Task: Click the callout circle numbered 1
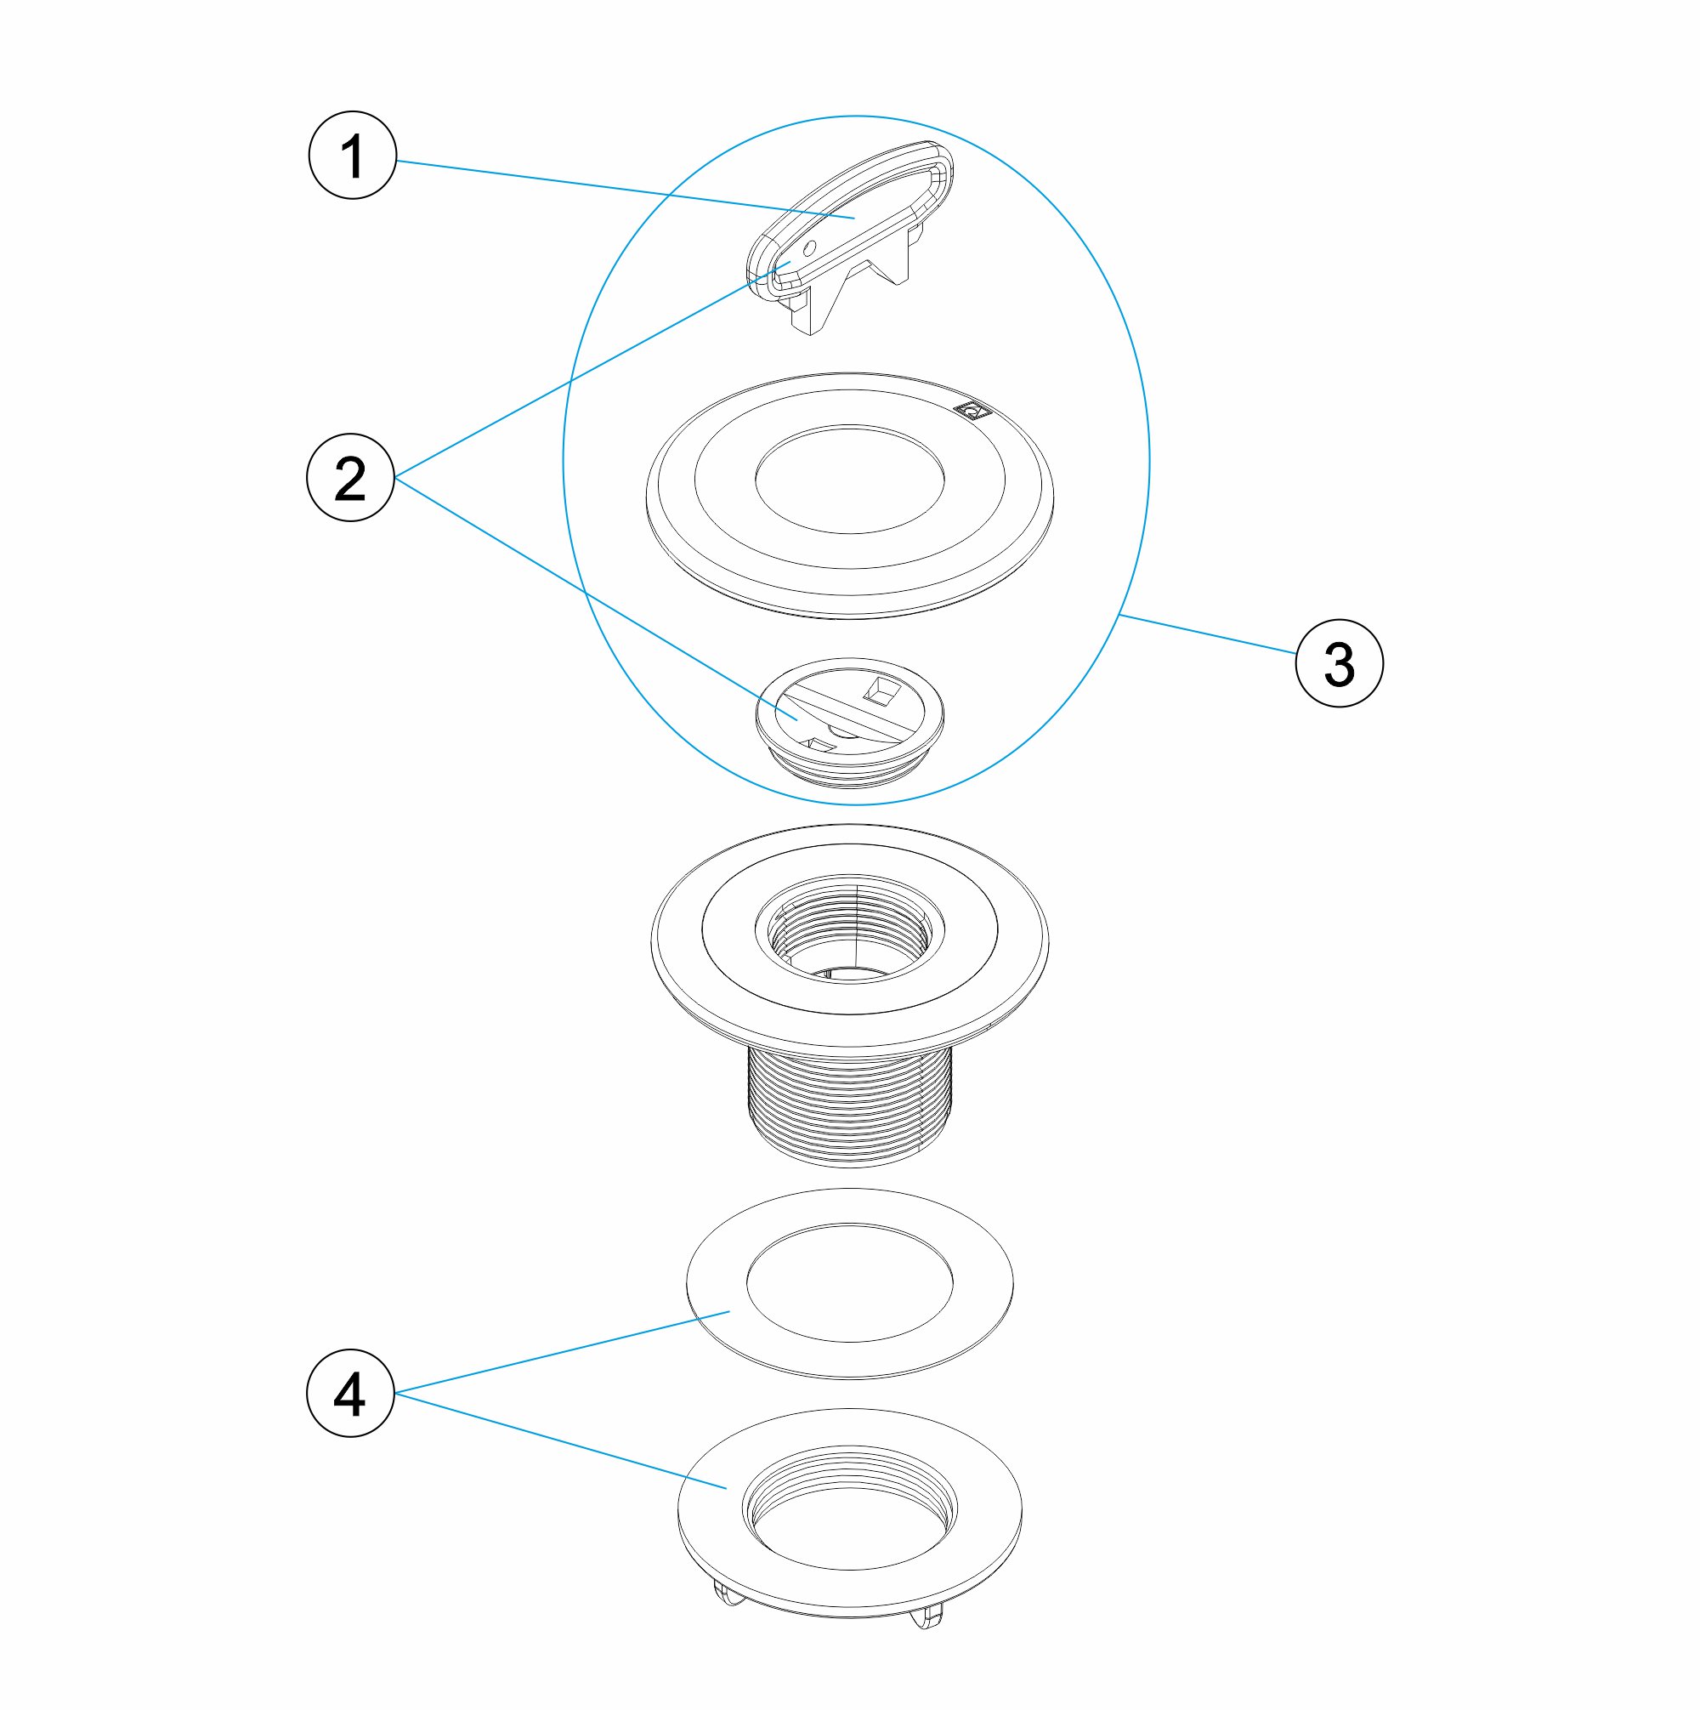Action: (352, 155)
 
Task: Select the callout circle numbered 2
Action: (350, 478)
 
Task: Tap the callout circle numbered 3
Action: (1339, 663)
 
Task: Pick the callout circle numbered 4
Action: (350, 1393)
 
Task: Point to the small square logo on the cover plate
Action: (972, 410)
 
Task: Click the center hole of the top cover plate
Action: (849, 479)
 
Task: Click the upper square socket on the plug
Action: (880, 691)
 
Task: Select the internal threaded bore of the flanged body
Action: (849, 930)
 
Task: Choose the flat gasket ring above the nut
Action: (849, 1283)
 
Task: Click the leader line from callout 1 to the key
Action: (626, 189)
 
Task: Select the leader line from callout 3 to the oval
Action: (1207, 633)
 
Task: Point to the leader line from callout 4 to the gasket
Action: (562, 1351)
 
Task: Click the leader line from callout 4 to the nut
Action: (561, 1441)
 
